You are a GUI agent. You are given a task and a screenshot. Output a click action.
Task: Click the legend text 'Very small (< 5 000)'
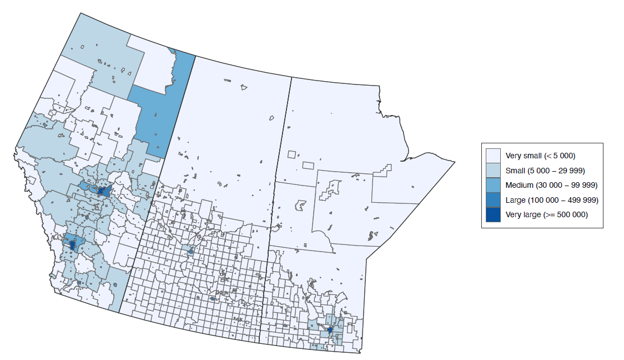536,155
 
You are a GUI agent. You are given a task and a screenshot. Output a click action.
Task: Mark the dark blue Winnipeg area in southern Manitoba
330,330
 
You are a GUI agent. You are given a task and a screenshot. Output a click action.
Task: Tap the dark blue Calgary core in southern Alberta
73,246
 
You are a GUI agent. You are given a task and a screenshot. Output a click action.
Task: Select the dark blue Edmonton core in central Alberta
102,191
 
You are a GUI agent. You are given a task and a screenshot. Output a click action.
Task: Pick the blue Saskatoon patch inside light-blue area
191,252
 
